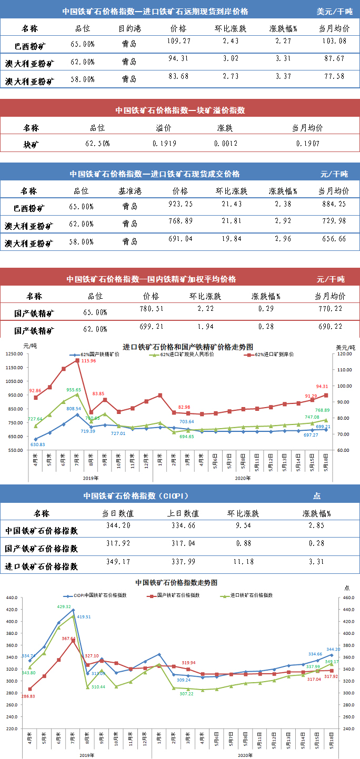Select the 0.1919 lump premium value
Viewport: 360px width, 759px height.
pyautogui.click(x=163, y=143)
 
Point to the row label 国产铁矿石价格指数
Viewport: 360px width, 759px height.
pyautogui.click(x=41, y=549)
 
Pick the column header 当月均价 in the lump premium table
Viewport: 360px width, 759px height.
pyautogui.click(x=307, y=128)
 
